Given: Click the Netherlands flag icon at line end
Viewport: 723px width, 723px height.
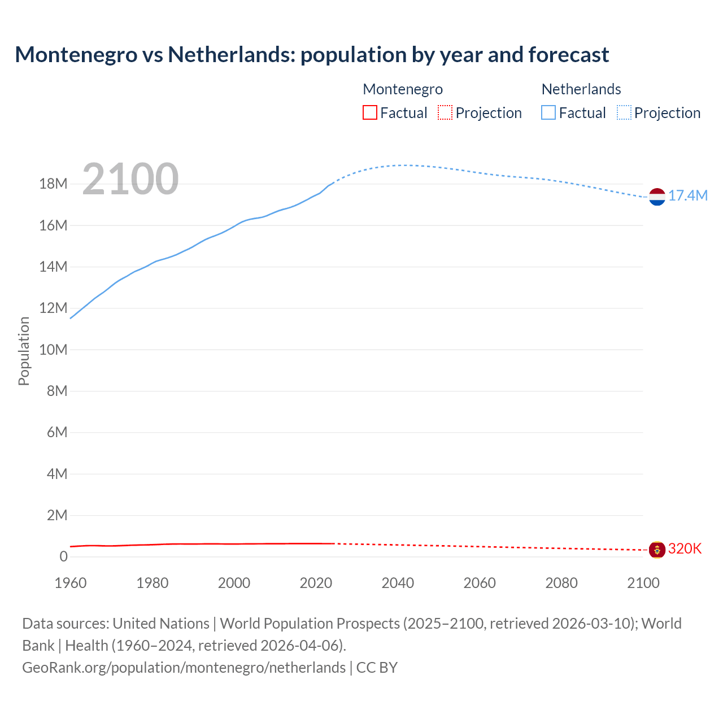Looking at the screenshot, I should point(657,197).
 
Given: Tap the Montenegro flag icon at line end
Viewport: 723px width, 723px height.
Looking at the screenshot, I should point(657,549).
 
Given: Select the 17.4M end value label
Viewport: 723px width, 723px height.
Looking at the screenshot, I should point(687,196).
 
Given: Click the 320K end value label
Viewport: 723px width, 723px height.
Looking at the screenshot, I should point(685,549).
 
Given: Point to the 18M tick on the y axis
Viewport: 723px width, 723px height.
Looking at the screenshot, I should point(53,184).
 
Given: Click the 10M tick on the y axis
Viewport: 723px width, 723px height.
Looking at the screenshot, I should point(53,350).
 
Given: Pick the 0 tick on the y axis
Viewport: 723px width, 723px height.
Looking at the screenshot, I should point(63,556).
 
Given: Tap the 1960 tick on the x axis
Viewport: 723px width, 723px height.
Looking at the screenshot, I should point(71,583).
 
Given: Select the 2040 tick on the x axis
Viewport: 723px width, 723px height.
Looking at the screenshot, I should point(398,583).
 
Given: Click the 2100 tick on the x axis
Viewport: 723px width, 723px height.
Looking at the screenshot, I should point(643,583).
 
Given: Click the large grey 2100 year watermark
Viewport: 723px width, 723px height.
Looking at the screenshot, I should point(130,179).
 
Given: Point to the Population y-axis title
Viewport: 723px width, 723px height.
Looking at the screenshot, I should point(24,351).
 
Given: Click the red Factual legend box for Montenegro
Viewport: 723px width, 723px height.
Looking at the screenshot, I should point(369,113).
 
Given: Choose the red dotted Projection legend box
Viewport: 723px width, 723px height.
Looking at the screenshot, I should point(445,113).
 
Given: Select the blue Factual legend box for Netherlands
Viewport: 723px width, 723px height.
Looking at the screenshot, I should point(548,113).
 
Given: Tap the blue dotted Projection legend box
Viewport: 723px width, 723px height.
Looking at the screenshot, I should point(624,113).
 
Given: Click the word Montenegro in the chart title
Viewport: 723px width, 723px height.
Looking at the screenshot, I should point(76,55).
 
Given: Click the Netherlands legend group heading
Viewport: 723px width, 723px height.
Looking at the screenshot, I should point(581,89).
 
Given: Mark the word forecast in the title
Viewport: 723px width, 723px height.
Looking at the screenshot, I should point(569,55).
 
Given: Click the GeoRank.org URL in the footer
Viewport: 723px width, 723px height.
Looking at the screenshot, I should point(184,668).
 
